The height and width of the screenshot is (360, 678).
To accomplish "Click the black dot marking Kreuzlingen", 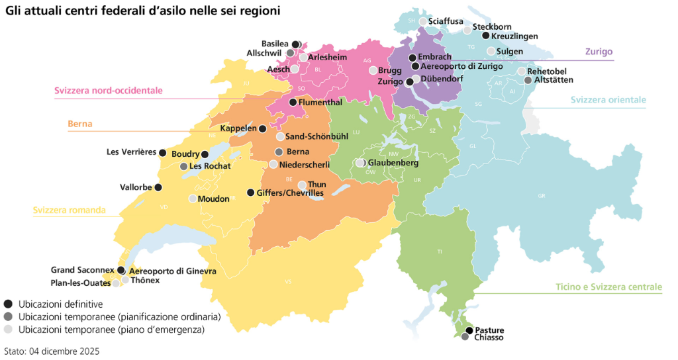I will tap(485, 36).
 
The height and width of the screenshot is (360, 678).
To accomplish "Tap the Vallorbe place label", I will tap(136, 187).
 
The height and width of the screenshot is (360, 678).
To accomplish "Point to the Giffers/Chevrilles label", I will tap(291, 193).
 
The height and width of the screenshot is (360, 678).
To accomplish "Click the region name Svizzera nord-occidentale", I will tap(109, 91).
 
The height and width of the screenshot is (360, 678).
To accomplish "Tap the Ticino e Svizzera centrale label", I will tap(608, 287).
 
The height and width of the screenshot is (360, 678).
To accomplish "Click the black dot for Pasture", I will tap(469, 330).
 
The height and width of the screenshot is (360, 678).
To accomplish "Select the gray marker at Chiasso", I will tap(465, 337).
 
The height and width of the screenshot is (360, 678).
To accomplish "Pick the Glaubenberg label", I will tap(393, 163).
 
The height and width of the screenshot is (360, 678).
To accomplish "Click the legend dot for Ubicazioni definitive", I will tap(8, 304).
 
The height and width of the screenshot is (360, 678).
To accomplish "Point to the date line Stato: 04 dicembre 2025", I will tap(52, 351).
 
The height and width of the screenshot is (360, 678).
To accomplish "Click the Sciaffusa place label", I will tap(446, 21).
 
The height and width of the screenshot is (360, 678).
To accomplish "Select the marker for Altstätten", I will tap(528, 80).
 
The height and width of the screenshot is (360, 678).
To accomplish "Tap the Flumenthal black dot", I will tap(293, 103).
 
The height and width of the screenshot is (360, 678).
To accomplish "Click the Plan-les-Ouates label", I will tap(81, 283).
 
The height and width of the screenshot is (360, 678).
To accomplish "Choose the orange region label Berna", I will tap(79, 124).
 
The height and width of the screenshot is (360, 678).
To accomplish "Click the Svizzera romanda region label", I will tap(69, 210).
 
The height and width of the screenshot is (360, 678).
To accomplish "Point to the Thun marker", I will tap(302, 185).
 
